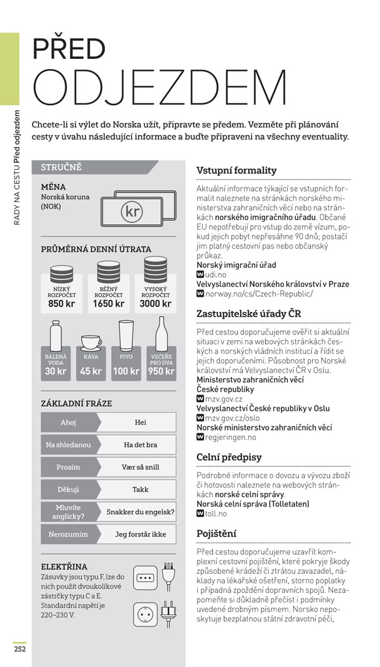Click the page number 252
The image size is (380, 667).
point(20,647)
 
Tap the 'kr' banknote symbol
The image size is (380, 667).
point(132,211)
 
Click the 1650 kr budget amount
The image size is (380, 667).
point(109,303)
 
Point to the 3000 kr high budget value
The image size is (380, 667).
point(155,303)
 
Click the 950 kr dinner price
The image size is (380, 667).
point(161,371)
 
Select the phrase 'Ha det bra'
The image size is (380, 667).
point(140,444)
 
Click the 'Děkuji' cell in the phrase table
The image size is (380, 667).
point(68,490)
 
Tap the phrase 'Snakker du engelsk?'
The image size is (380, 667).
point(140,512)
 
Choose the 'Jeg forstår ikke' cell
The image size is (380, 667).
point(140,534)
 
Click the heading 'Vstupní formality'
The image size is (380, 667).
point(236,170)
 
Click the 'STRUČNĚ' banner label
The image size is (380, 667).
point(61,168)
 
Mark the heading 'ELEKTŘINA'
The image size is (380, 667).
point(64,566)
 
